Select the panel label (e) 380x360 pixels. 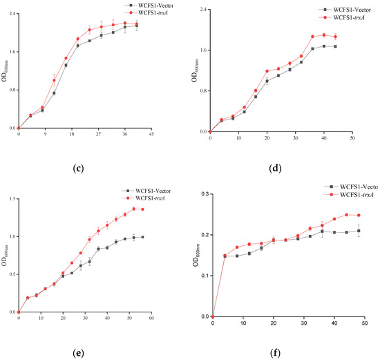click(82, 352)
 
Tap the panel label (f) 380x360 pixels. click(280, 352)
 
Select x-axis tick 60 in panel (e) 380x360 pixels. click(150, 319)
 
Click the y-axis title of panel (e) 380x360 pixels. click(4, 257)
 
